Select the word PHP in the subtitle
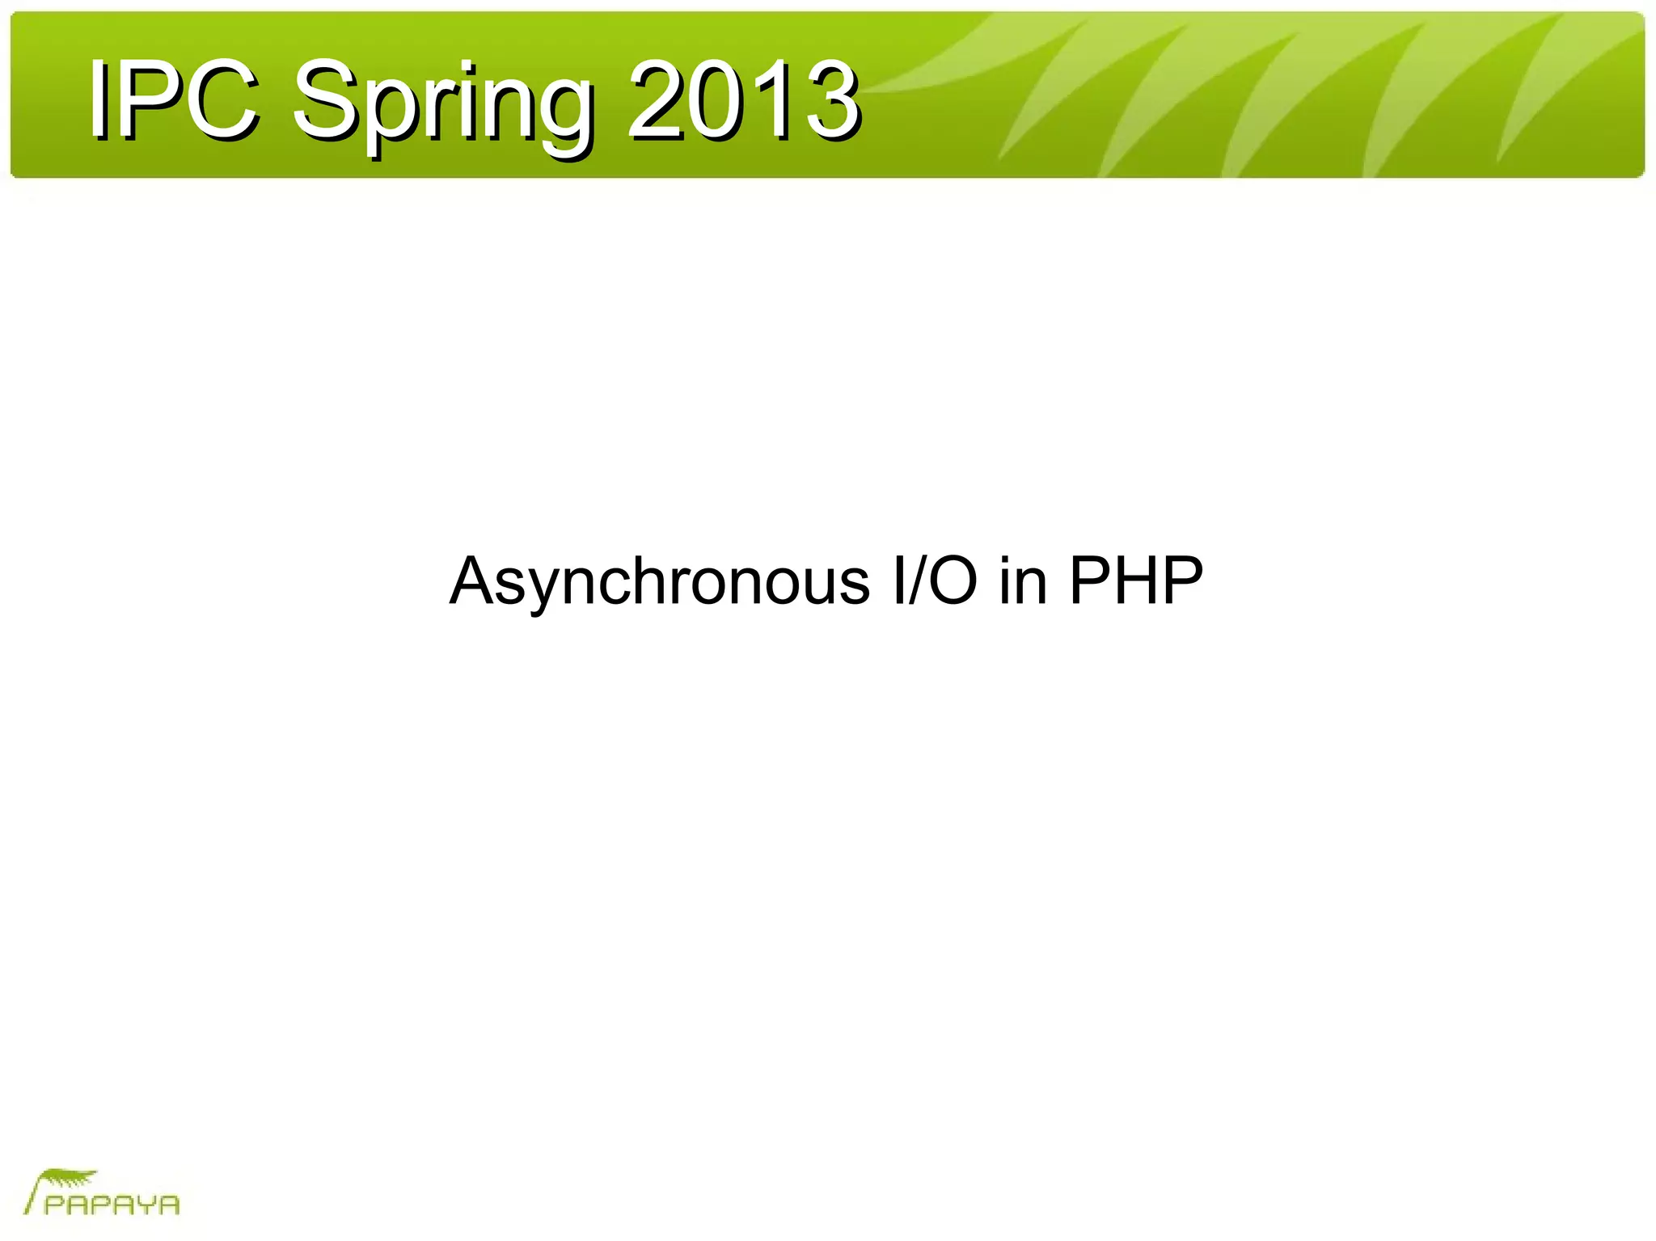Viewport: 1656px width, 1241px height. (1136, 580)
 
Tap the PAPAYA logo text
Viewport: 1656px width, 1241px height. (112, 1205)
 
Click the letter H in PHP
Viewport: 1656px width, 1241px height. (1136, 580)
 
